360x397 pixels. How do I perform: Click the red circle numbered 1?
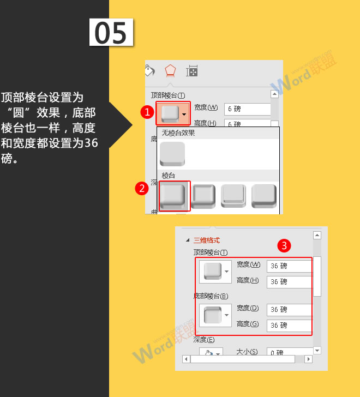(x=146, y=112)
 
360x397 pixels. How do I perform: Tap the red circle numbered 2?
(x=142, y=189)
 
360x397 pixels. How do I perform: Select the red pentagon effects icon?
(x=170, y=71)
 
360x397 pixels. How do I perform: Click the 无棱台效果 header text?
(x=178, y=133)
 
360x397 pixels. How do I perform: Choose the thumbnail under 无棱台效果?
(x=172, y=154)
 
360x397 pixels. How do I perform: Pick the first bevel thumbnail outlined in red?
(x=173, y=196)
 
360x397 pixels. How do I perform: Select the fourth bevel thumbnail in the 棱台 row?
(x=264, y=196)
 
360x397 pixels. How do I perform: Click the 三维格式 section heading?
(x=207, y=240)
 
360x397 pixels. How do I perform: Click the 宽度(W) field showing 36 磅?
(x=289, y=266)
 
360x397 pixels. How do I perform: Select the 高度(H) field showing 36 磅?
(x=289, y=282)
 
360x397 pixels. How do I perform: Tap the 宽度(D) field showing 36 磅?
(x=289, y=309)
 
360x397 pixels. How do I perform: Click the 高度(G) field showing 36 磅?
(x=289, y=325)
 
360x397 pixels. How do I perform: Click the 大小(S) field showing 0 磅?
(x=289, y=353)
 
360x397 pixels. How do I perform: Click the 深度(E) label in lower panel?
(x=203, y=340)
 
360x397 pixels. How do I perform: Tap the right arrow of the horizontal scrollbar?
(x=308, y=359)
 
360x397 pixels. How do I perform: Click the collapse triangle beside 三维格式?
(x=188, y=240)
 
